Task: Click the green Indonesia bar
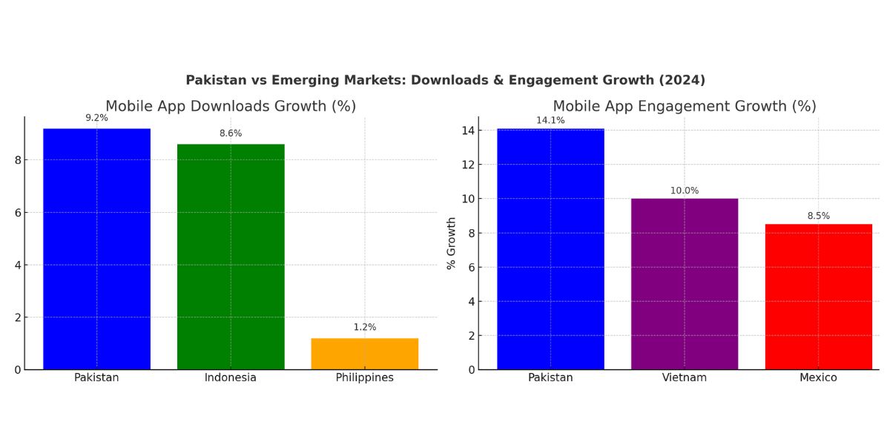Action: click(231, 257)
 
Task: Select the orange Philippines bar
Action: click(364, 354)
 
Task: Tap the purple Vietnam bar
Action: click(685, 284)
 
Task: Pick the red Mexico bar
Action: click(818, 297)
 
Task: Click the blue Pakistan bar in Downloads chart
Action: click(96, 249)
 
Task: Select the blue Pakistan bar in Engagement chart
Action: click(550, 249)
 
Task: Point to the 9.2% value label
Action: click(96, 118)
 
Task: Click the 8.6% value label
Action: click(231, 133)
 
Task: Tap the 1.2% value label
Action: click(364, 327)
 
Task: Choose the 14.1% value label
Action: click(550, 120)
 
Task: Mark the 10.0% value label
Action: click(685, 191)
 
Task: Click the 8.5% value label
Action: click(818, 216)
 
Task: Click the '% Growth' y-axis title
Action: click(451, 243)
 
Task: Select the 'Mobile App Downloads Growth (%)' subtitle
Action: click(231, 106)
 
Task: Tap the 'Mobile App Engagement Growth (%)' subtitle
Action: click(685, 106)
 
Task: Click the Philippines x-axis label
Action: click(364, 378)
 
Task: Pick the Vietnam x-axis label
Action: click(685, 378)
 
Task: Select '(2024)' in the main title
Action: click(680, 80)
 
